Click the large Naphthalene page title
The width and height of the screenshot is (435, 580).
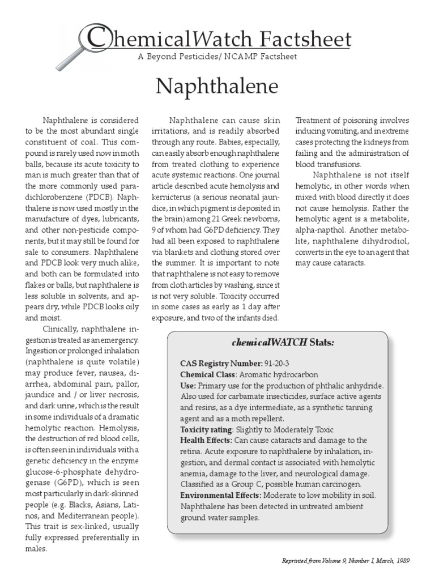coord(217,86)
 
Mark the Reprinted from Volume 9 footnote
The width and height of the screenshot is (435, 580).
coord(346,560)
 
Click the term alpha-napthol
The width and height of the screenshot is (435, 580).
coord(321,230)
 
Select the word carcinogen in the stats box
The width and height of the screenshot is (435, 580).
coord(343,484)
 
